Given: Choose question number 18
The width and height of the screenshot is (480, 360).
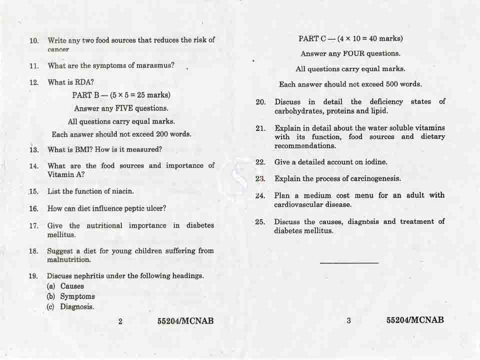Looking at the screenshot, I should coord(33,251).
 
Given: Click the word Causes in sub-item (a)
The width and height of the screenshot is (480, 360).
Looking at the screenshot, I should coord(72,286).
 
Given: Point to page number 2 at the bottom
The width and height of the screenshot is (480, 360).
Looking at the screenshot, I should coord(120,321).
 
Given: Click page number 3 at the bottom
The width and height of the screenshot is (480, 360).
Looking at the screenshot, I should coord(348,320).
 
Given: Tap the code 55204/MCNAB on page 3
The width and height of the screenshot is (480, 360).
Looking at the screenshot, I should coord(415,320).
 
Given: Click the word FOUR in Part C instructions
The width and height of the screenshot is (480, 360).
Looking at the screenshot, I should coord(353,53).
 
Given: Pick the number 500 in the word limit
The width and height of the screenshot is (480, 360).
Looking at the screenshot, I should coord(385,84).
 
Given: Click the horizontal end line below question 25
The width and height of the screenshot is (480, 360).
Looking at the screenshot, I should coord(349,262).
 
